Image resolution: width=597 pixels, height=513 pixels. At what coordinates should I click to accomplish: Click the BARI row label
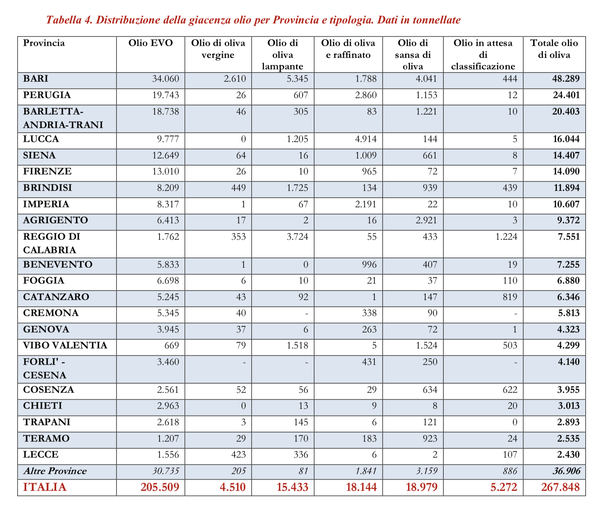pyautogui.click(x=36, y=79)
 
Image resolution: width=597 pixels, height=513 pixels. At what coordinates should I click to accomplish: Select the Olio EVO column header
pyautogui.click(x=150, y=43)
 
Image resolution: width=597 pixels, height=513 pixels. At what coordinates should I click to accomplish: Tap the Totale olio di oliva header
pyautogui.click(x=554, y=49)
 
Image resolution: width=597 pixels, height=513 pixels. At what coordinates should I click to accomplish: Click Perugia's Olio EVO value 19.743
pyautogui.click(x=166, y=95)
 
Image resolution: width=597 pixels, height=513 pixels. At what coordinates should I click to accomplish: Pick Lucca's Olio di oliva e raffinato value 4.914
pyautogui.click(x=366, y=139)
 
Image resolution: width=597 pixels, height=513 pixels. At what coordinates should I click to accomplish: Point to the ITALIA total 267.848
pyautogui.click(x=560, y=487)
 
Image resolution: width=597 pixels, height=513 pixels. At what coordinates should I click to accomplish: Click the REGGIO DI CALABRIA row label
pyautogui.click(x=52, y=243)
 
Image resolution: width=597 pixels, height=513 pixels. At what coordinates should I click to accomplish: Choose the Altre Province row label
pyautogui.click(x=55, y=471)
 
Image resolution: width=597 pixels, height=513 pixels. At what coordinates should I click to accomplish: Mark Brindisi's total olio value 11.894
pyautogui.click(x=566, y=188)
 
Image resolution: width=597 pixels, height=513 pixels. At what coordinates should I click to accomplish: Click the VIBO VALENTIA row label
pyautogui.click(x=65, y=346)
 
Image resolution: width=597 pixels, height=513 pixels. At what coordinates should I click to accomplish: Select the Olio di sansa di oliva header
pyautogui.click(x=412, y=55)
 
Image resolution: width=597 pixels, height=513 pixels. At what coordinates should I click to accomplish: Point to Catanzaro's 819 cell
pyautogui.click(x=510, y=297)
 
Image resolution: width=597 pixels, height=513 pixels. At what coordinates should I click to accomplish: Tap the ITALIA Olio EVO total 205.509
pyautogui.click(x=160, y=487)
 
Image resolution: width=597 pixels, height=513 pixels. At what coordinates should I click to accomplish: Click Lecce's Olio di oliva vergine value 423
pyautogui.click(x=238, y=455)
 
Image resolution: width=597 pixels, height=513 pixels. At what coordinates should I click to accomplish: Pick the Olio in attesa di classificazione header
pyautogui.click(x=483, y=55)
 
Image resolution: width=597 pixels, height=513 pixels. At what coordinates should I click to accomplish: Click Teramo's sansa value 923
pyautogui.click(x=430, y=439)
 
